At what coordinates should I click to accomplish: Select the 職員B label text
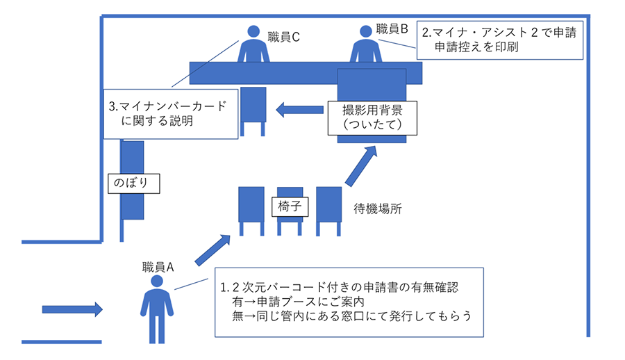(x=392, y=29)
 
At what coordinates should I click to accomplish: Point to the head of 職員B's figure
(x=366, y=31)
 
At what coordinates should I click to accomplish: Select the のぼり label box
(x=134, y=183)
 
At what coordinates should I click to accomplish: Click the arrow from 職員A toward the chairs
(x=212, y=251)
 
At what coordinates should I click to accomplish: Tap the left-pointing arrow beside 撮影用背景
(x=299, y=109)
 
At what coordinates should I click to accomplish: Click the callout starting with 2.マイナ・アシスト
(x=499, y=39)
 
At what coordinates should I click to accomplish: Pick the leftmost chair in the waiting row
(x=251, y=208)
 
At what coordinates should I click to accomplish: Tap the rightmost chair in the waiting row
(x=329, y=208)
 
